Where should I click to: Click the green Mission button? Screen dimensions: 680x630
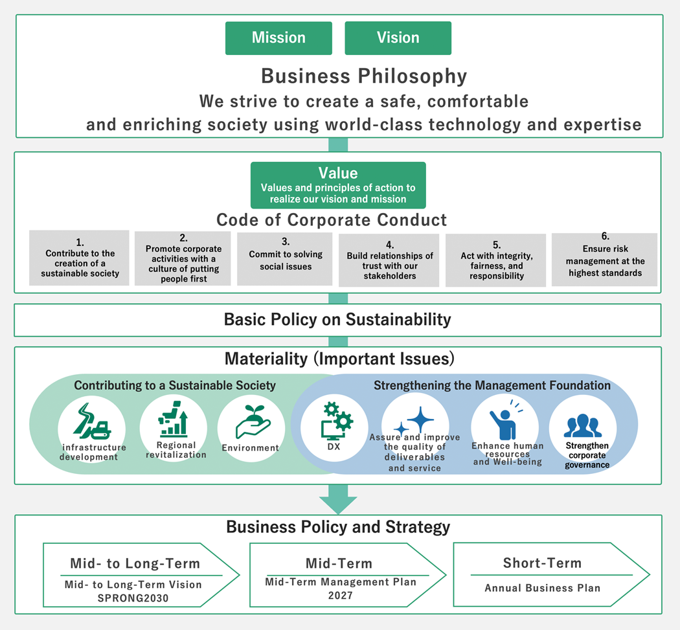click(x=278, y=38)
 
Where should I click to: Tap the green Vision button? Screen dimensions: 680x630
click(x=398, y=38)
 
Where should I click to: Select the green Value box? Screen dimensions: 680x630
click(x=338, y=185)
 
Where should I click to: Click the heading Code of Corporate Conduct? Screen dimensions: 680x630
click(x=332, y=220)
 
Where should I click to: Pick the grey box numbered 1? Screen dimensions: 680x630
click(x=80, y=258)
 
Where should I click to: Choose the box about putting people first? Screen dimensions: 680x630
click(x=183, y=258)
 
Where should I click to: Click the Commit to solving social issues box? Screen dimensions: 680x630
click(x=285, y=259)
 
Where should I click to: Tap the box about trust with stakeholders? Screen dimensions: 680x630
click(x=389, y=260)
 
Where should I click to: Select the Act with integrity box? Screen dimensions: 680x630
click(x=495, y=260)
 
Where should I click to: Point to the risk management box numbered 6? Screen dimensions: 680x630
click(x=604, y=259)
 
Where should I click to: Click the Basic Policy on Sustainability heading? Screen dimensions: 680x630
click(x=337, y=320)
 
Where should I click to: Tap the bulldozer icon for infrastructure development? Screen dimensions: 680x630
click(x=92, y=421)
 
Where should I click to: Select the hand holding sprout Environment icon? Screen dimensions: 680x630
click(x=253, y=422)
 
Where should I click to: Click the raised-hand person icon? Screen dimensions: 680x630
click(x=506, y=420)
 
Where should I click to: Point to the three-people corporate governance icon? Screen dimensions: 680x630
click(x=583, y=426)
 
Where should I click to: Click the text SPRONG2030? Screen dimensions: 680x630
click(x=133, y=598)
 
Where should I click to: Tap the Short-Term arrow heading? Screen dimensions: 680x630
click(x=542, y=563)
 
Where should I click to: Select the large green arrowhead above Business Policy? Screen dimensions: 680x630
click(x=338, y=503)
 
